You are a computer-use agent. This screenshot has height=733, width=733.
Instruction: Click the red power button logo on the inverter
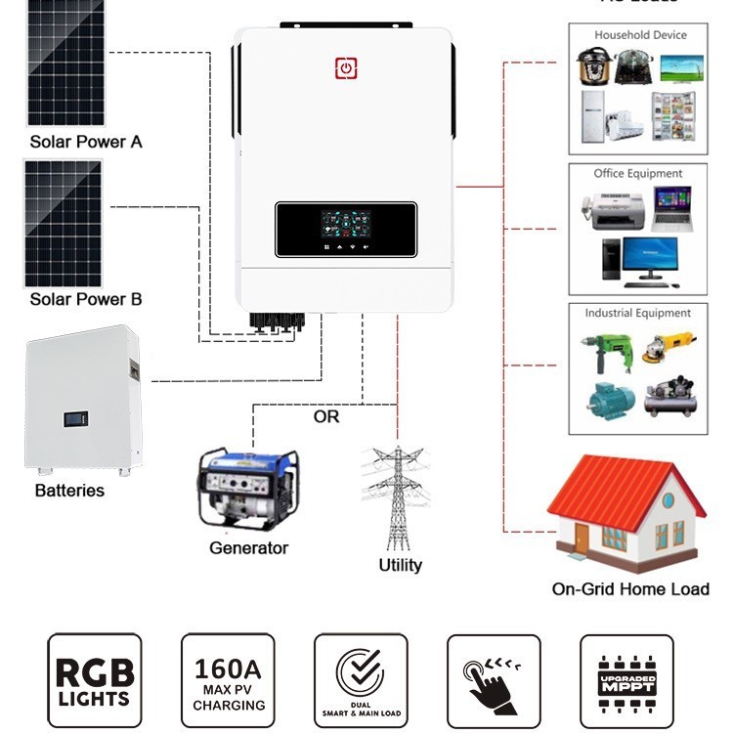point(346,67)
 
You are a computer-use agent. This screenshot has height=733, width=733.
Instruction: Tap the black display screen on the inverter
point(346,230)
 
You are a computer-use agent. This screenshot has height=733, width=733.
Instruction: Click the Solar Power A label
point(86,142)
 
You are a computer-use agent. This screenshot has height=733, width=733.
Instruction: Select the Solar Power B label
point(86,299)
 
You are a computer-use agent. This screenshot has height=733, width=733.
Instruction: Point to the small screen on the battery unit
point(76,421)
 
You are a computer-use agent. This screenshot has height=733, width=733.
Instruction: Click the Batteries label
point(69,490)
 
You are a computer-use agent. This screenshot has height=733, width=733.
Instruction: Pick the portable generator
point(248,489)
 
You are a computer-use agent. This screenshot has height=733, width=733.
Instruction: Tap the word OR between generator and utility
point(326,416)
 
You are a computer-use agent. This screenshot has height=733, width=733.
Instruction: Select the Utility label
point(401,565)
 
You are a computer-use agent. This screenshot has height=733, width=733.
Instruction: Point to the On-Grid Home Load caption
point(630,588)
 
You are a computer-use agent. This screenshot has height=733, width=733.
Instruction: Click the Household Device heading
point(640,35)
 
